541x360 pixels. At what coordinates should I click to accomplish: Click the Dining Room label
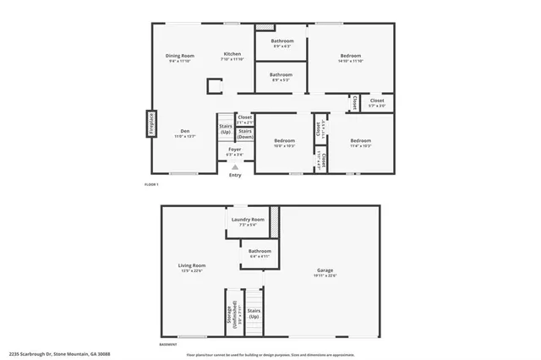181,57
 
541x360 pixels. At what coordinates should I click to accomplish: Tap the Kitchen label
232,56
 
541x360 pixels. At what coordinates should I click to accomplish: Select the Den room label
185,132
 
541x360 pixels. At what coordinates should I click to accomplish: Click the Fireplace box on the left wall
151,124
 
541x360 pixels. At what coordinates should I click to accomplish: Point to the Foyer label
234,150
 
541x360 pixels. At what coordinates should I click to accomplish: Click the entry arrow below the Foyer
235,166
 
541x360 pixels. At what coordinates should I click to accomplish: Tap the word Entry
235,175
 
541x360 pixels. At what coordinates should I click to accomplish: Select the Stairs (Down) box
244,134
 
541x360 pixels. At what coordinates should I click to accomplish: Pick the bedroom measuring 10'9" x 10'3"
284,142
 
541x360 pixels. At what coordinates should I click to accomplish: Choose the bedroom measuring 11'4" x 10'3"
361,142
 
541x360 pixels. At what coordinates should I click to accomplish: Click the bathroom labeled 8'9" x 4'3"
281,43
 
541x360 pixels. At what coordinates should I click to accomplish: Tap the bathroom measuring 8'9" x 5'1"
281,76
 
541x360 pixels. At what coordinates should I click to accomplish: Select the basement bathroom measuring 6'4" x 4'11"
260,253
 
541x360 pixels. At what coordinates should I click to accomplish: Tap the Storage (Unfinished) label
229,314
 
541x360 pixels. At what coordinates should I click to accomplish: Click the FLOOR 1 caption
151,185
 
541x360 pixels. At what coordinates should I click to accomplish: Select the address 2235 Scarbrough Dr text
59,355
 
